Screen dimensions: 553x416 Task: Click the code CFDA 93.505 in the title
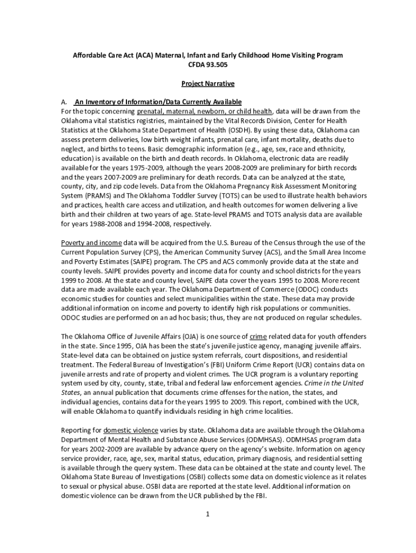(208, 65)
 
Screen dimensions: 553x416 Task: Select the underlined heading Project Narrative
(208, 84)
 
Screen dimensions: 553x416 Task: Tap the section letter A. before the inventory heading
(64, 102)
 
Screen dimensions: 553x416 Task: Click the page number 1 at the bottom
(207, 514)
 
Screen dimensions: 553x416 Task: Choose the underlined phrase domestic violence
(131, 430)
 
